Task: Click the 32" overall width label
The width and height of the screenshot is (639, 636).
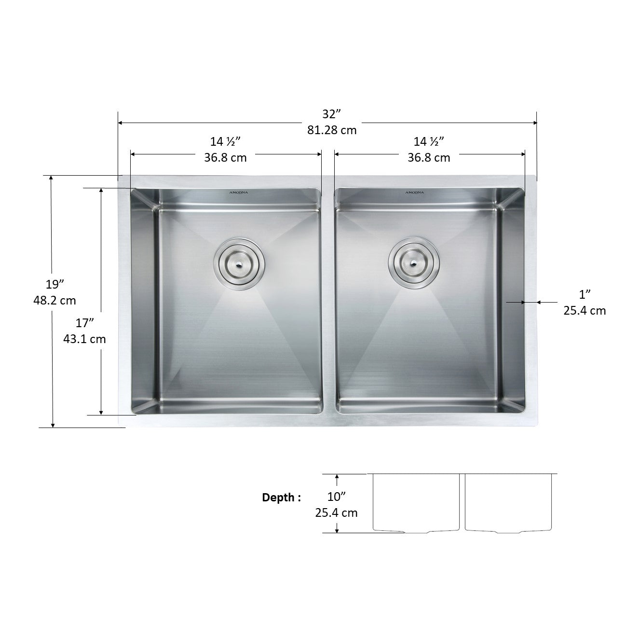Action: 332,114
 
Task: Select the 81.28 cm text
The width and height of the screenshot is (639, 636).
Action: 332,130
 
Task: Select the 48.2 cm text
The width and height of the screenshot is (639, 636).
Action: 54,300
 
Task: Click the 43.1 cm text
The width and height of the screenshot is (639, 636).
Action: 84,339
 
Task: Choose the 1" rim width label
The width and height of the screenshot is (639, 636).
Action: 585,293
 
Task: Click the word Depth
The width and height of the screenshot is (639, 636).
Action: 282,498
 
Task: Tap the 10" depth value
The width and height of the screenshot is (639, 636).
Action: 337,496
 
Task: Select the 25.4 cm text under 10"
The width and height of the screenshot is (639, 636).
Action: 337,512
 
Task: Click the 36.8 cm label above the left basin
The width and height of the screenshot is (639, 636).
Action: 225,158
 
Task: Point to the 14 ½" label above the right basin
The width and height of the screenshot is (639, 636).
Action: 429,141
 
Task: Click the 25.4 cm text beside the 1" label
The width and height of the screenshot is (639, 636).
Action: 585,310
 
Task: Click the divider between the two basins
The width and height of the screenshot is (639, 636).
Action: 328,299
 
